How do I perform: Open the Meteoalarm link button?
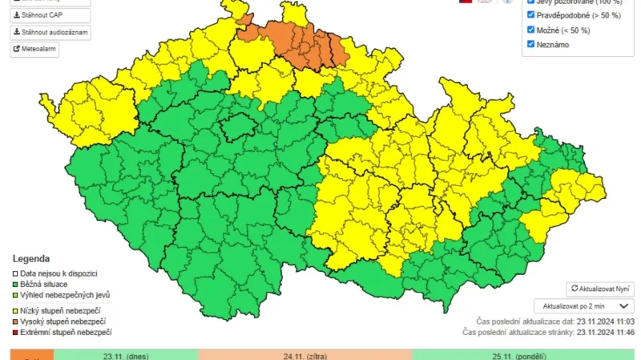(34, 50)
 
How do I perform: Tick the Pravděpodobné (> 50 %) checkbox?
(530, 14)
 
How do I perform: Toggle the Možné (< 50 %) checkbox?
(530, 30)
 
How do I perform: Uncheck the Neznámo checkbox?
(530, 44)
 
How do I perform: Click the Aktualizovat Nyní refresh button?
(600, 289)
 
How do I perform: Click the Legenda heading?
(31, 260)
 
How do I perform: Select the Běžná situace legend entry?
(45, 284)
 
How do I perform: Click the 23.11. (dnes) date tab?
(125, 354)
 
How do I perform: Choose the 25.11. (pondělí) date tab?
(525, 354)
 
